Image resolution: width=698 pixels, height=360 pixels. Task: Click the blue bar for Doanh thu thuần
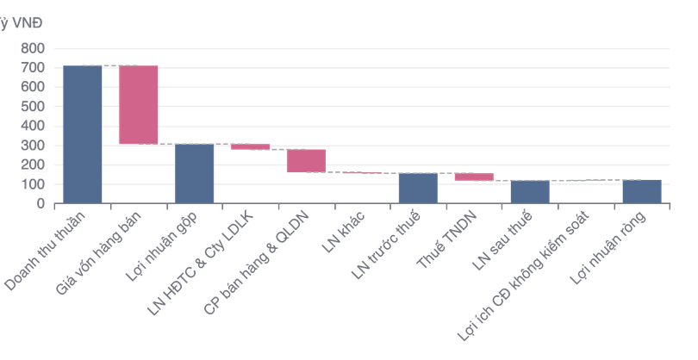pyautogui.click(x=83, y=134)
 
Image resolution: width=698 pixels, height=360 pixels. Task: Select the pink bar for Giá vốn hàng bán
pyautogui.click(x=138, y=104)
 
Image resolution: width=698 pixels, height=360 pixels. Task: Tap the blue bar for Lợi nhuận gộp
pyautogui.click(x=195, y=173)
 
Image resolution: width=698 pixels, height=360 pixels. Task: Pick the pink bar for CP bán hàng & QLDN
pyautogui.click(x=306, y=160)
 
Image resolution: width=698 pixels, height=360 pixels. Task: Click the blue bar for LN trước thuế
pyautogui.click(x=417, y=188)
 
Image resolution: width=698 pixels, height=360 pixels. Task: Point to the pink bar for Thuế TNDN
pyautogui.click(x=473, y=176)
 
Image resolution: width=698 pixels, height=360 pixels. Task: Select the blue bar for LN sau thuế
pyautogui.click(x=529, y=191)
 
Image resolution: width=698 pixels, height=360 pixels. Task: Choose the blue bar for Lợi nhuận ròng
pyautogui.click(x=641, y=191)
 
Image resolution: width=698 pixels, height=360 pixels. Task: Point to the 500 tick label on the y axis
pyautogui.click(x=34, y=107)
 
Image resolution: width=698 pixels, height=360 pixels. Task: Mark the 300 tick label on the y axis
pyautogui.click(x=34, y=146)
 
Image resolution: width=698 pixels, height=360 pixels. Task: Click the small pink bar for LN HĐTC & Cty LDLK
pyautogui.click(x=250, y=146)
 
